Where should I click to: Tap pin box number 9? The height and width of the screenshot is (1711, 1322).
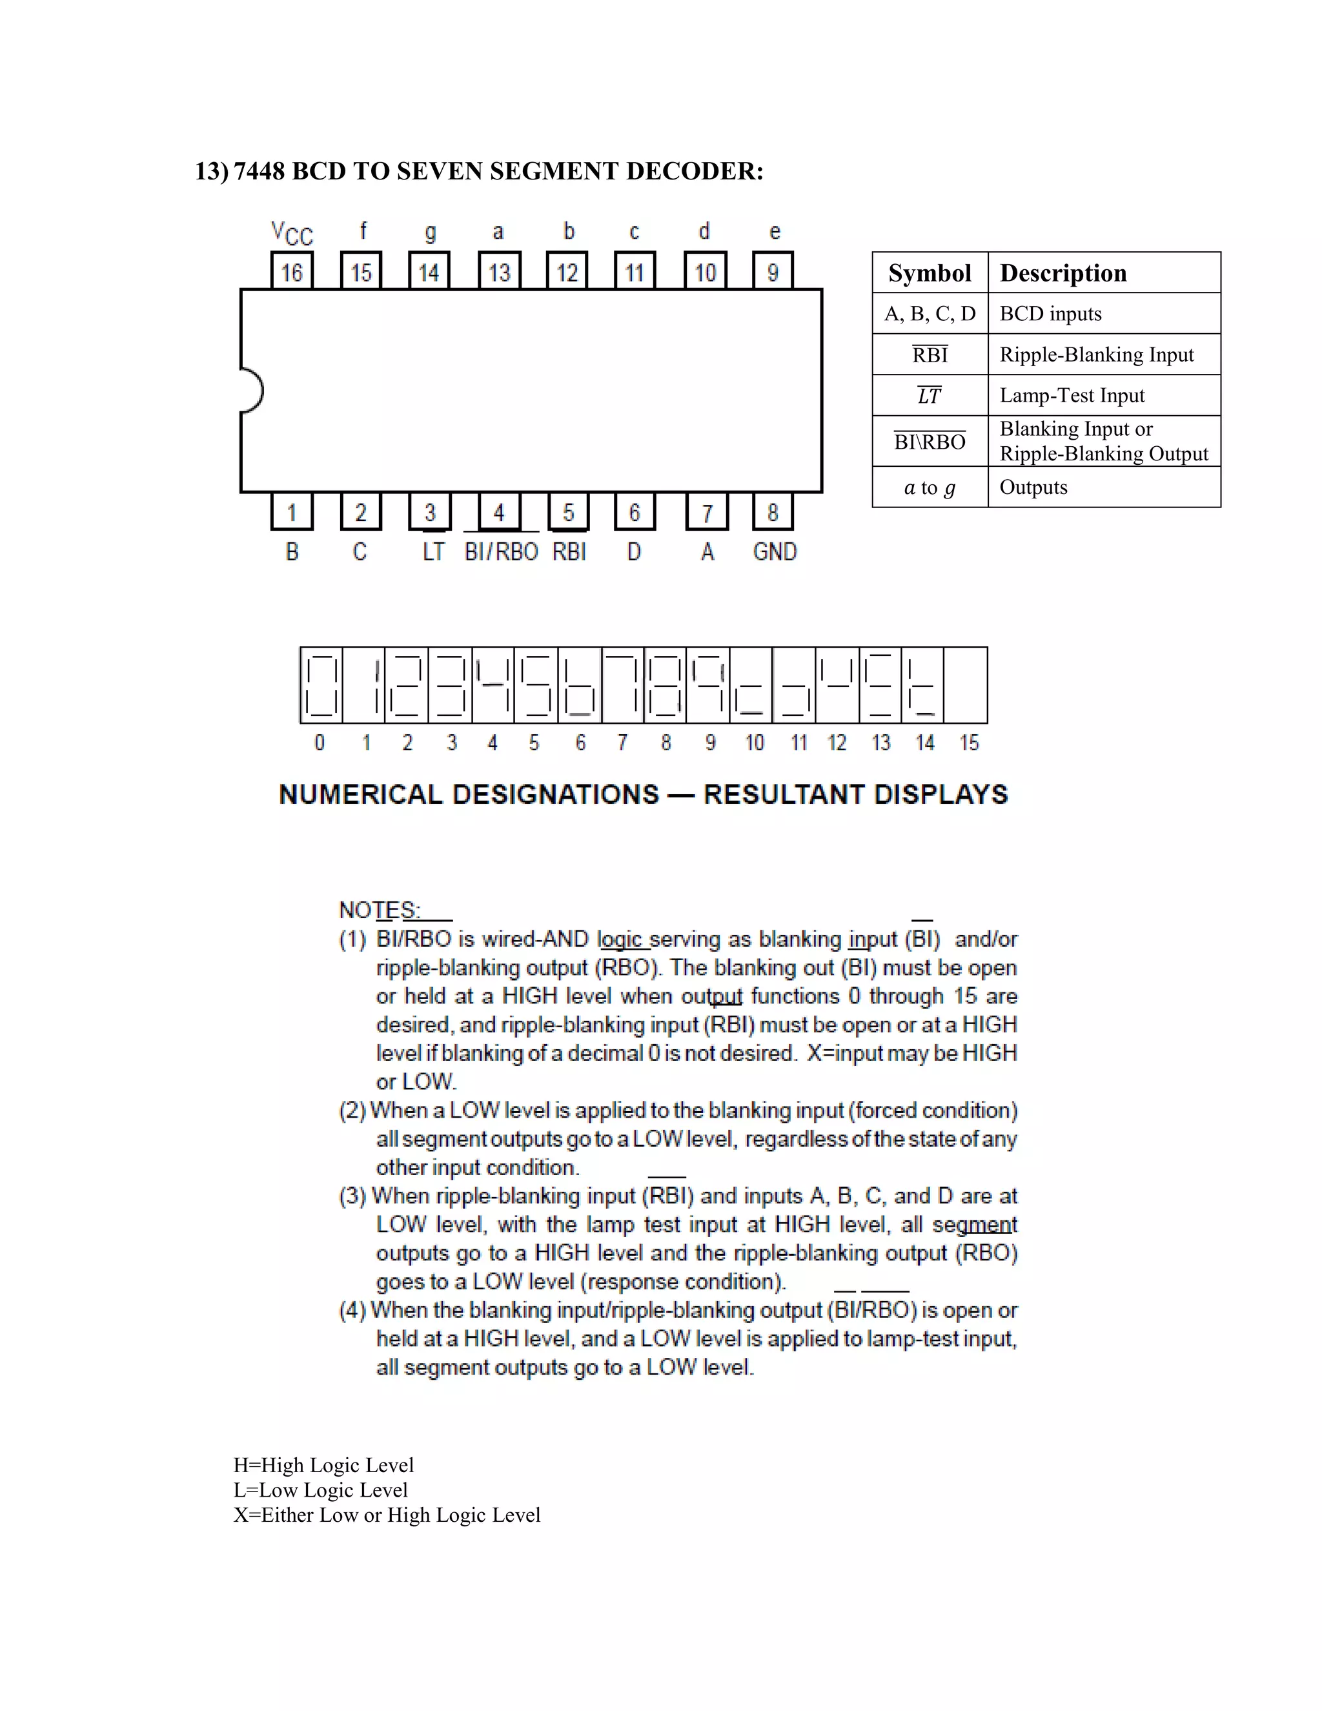(x=772, y=271)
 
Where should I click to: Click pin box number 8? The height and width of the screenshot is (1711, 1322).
(x=772, y=513)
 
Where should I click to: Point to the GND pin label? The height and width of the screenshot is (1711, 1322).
(x=775, y=552)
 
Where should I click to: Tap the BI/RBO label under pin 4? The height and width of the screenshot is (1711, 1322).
(x=501, y=552)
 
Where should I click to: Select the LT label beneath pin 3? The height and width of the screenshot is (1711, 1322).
(x=433, y=552)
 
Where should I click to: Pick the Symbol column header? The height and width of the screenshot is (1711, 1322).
(x=930, y=272)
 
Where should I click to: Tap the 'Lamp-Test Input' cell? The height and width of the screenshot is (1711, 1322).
(x=1072, y=396)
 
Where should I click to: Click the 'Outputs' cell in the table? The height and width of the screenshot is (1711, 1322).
(x=1033, y=487)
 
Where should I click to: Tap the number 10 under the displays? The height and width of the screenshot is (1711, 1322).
(x=754, y=743)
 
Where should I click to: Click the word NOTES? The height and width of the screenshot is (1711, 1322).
(x=379, y=910)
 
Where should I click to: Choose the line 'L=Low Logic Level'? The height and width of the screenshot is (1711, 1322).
(x=320, y=1490)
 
